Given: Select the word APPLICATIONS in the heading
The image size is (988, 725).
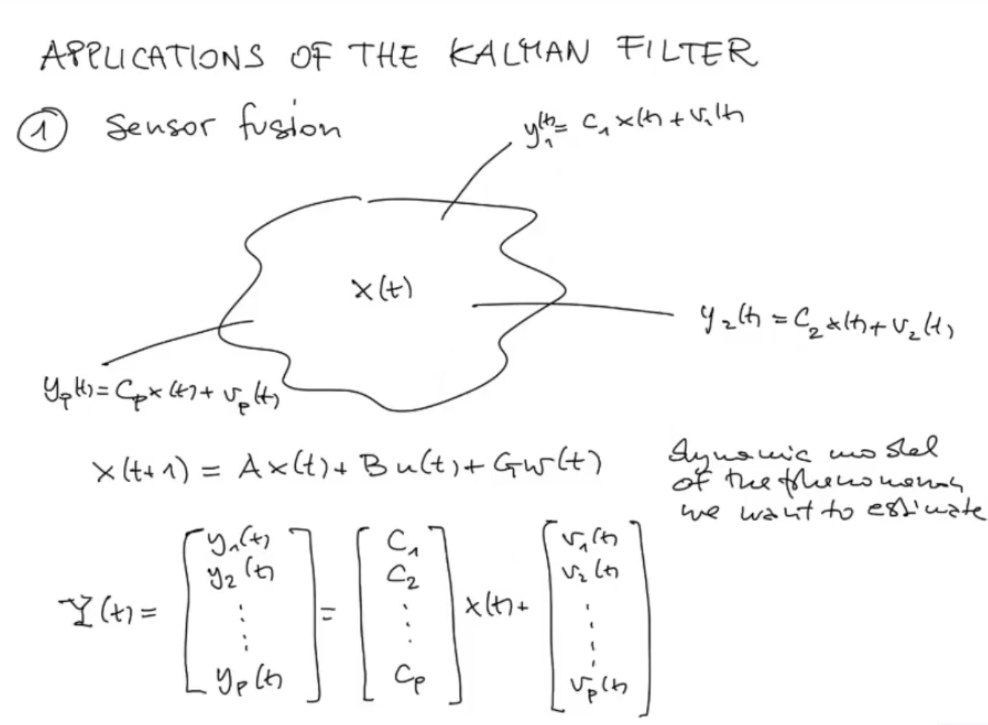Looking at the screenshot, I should pyautogui.click(x=152, y=56).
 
